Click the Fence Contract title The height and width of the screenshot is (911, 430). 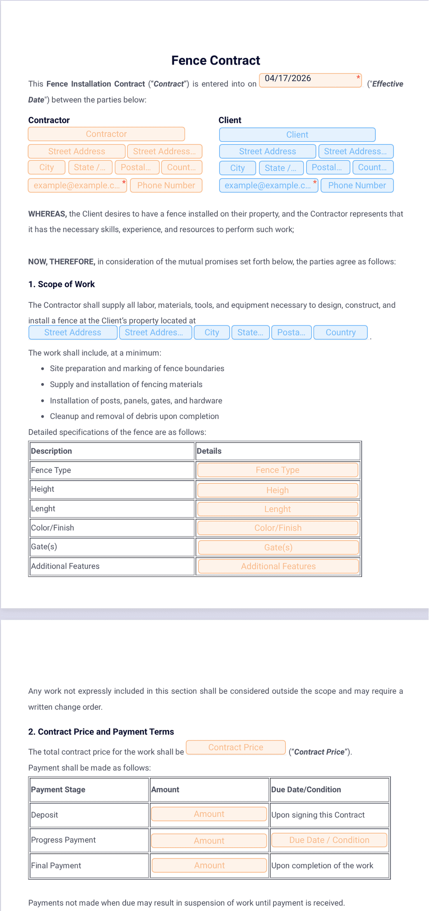click(215, 60)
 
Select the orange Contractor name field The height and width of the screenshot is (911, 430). click(106, 134)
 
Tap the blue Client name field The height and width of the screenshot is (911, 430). click(297, 135)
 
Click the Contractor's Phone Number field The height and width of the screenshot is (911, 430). click(166, 186)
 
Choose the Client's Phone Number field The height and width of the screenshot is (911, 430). click(357, 186)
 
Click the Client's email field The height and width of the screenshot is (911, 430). click(268, 186)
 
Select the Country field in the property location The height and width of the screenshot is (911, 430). click(340, 332)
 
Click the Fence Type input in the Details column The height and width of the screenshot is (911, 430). click(277, 470)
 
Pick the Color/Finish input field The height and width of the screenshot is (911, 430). click(278, 528)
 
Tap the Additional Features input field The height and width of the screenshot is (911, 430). click(278, 567)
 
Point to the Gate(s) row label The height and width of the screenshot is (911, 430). click(44, 547)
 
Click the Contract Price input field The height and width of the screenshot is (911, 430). click(236, 748)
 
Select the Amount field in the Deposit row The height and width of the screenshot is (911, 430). click(209, 814)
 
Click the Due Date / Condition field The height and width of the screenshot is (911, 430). click(329, 840)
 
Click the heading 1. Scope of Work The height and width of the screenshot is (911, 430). click(61, 284)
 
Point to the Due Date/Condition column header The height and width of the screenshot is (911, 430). click(306, 790)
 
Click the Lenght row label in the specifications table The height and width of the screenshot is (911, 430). click(43, 509)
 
